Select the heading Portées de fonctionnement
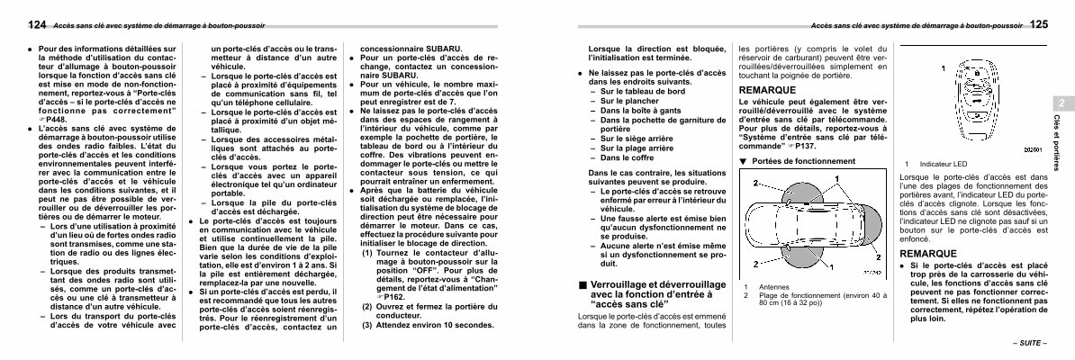click(x=796, y=161)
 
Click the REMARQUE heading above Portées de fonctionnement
click(x=768, y=91)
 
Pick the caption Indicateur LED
click(x=943, y=164)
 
